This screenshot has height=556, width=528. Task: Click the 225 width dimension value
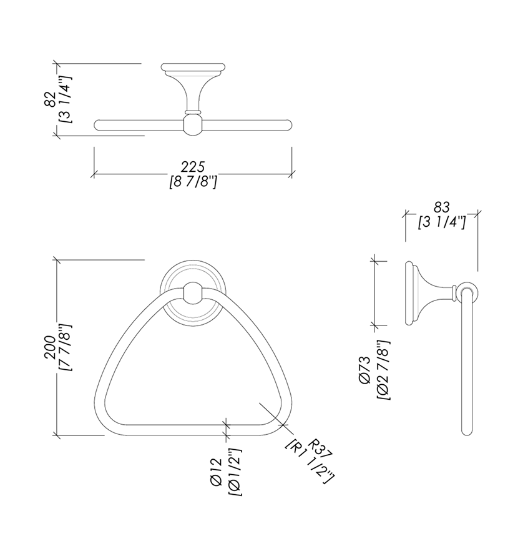pos(193,167)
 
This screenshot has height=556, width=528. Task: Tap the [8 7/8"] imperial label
pos(193,182)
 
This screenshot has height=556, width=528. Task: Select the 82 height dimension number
pos(50,99)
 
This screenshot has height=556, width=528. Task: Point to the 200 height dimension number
pos(50,347)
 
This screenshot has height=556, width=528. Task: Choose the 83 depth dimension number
pos(441,207)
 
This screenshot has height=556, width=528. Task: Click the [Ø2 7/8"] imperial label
pos(383,370)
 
